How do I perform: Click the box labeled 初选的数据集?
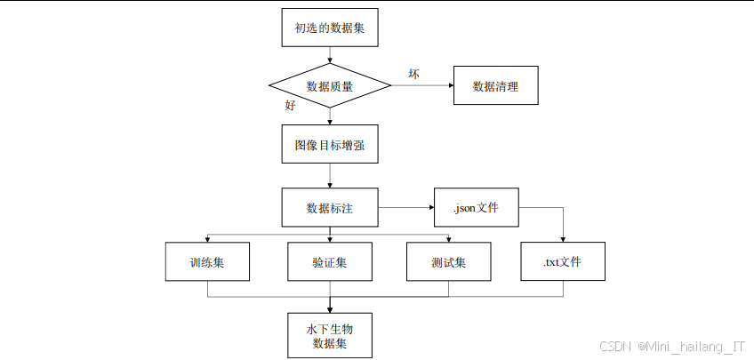[x=330, y=28]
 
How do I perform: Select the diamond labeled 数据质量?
[x=330, y=86]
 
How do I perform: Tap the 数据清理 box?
[x=495, y=86]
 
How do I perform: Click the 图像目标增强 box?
[x=330, y=145]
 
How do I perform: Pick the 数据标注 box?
[x=330, y=208]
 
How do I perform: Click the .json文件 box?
[x=475, y=208]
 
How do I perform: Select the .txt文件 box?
[x=563, y=262]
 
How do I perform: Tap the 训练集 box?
[x=207, y=262]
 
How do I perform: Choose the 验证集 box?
[x=330, y=262]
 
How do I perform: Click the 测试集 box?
[x=449, y=262]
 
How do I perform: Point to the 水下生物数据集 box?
[x=330, y=335]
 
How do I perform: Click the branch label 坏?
[x=413, y=73]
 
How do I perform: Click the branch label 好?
[x=290, y=105]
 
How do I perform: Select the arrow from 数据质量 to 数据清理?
[x=422, y=86]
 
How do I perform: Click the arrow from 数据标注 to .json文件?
[x=405, y=208]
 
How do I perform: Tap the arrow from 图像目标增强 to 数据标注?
[x=330, y=176]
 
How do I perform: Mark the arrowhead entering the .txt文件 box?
[x=563, y=239]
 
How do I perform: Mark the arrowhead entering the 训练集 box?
[x=207, y=239]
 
